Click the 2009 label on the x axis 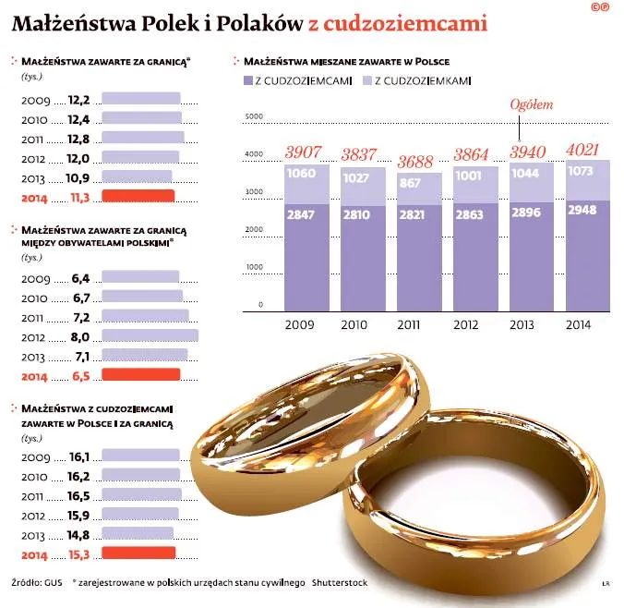pyautogui.click(x=300, y=324)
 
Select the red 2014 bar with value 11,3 pyautogui.click(x=138, y=195)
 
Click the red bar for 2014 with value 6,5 pyautogui.click(x=140, y=374)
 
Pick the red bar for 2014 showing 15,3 pyautogui.click(x=138, y=553)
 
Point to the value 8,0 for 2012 pyautogui.click(x=79, y=337)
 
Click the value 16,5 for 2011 pyautogui.click(x=79, y=495)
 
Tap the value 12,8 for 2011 pyautogui.click(x=79, y=138)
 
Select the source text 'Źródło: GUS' pyautogui.click(x=36, y=583)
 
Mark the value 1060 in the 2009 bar pyautogui.click(x=301, y=174)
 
